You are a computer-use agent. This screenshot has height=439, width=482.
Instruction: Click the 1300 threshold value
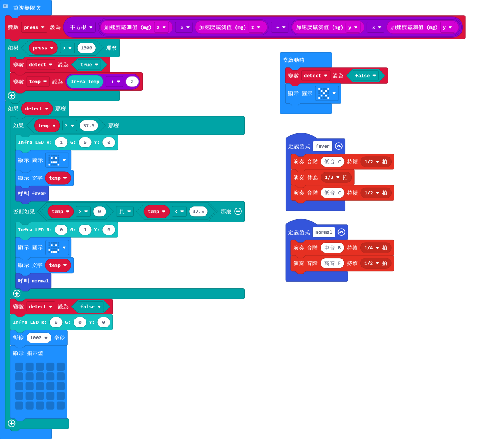click(86, 48)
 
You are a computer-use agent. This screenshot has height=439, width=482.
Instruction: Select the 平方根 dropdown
click(81, 27)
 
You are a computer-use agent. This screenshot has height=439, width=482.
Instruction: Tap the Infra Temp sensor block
click(85, 82)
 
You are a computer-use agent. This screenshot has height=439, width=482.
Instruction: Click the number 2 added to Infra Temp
click(132, 82)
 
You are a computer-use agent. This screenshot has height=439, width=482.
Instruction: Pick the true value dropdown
click(89, 65)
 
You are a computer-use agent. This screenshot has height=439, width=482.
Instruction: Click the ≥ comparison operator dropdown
click(69, 125)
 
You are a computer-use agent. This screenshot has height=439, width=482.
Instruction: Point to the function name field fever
click(323, 146)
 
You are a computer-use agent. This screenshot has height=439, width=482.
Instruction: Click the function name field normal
click(324, 232)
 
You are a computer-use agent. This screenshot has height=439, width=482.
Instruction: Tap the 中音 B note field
click(332, 248)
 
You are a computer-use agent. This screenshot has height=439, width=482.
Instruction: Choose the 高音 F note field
click(332, 263)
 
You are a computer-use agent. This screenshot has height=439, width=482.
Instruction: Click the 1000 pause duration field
click(39, 338)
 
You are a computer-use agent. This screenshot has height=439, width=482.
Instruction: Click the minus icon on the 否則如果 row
click(238, 211)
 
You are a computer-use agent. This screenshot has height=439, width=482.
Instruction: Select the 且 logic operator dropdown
click(125, 211)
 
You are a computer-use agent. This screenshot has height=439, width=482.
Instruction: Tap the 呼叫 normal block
click(33, 281)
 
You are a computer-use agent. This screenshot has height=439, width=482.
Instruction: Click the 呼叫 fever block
click(32, 194)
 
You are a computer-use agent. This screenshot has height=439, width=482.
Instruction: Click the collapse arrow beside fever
click(339, 146)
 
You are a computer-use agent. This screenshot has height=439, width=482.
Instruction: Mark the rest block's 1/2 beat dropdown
click(336, 178)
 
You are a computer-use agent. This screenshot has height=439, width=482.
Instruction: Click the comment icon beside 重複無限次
click(5, 6)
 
